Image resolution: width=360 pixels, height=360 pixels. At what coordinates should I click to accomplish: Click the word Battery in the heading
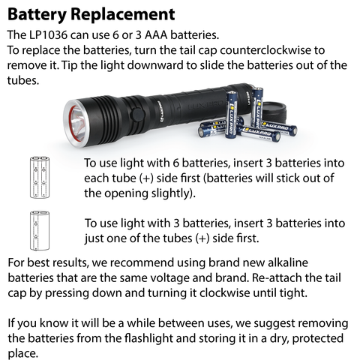(37, 15)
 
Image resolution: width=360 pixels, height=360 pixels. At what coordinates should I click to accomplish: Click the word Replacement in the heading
(123, 15)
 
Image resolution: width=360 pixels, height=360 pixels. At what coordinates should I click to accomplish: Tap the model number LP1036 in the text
(48, 35)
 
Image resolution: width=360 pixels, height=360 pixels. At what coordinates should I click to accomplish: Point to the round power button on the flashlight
(138, 115)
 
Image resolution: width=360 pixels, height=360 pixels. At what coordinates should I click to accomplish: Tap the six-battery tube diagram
(40, 177)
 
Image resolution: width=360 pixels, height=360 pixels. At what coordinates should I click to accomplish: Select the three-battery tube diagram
(40, 230)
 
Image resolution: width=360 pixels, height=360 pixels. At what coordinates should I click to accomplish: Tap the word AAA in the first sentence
(156, 35)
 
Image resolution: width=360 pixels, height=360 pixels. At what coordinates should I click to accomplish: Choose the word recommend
(142, 262)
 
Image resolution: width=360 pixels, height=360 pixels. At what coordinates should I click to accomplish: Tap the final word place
(23, 354)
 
